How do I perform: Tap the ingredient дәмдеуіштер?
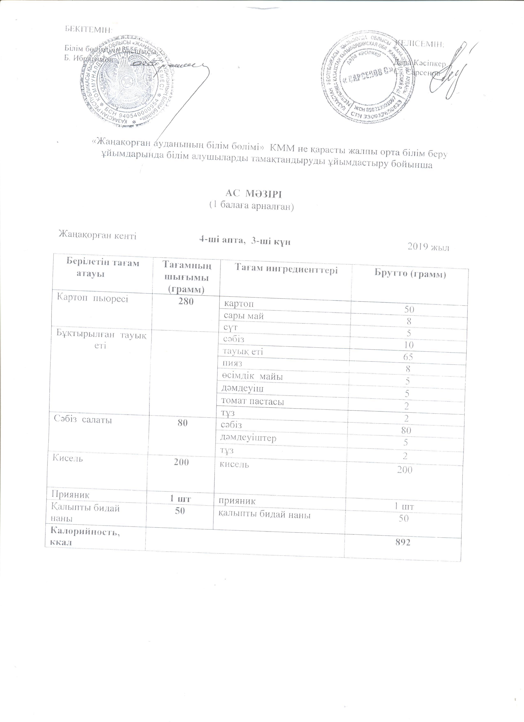249,438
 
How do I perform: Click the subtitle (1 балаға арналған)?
251,207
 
